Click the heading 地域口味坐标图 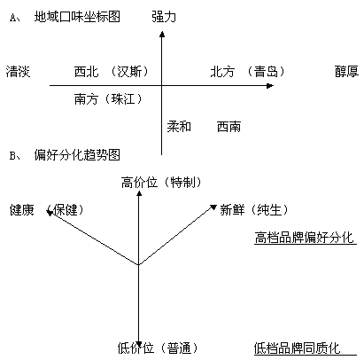77,17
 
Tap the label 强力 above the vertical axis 164,17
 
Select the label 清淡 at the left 18,72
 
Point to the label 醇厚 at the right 346,72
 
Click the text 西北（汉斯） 112,72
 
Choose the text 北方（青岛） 247,72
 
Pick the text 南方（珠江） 108,99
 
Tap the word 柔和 179,127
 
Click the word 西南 228,127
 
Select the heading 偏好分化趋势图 77,155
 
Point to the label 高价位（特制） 161,183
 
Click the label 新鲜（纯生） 254,210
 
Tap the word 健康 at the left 22,210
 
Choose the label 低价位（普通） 158,348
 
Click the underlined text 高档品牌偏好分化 304,238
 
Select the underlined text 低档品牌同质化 298,348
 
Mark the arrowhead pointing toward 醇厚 270,86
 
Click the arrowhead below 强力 162,34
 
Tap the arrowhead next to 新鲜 213,207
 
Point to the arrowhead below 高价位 139,193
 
